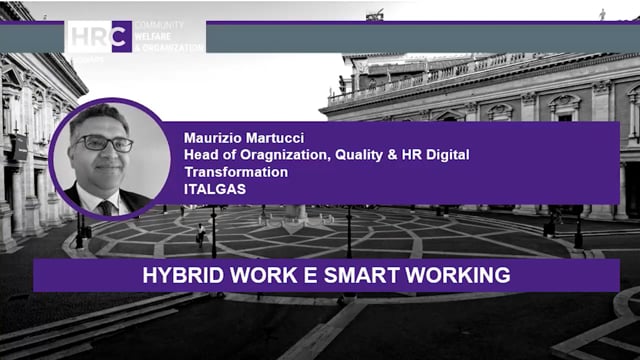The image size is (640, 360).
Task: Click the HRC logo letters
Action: pos(98,36)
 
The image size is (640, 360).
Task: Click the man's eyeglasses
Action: pos(106,144)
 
